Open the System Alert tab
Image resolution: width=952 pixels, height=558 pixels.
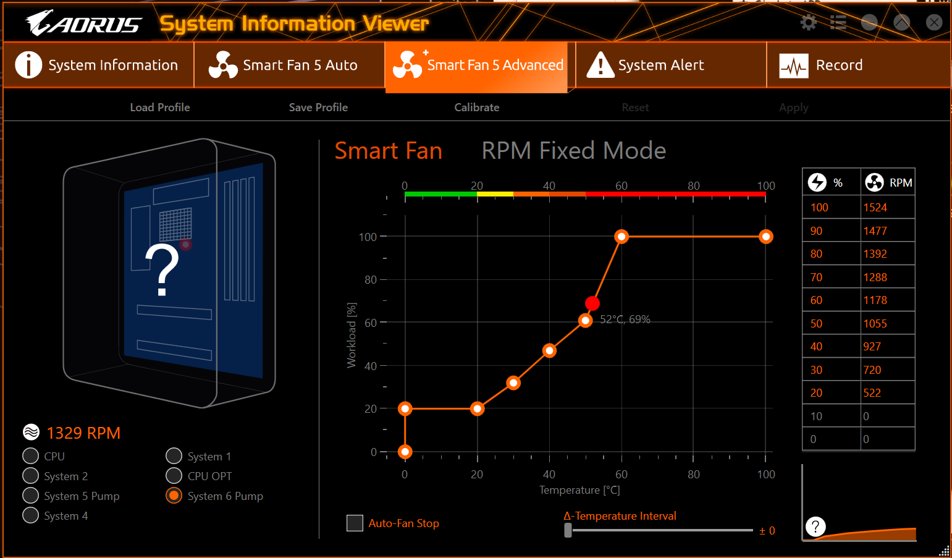click(660, 65)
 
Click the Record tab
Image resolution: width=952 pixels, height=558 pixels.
click(838, 65)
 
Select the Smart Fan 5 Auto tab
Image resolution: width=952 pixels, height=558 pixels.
click(300, 65)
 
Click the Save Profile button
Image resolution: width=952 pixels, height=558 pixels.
click(318, 108)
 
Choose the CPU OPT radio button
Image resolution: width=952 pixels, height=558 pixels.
click(174, 476)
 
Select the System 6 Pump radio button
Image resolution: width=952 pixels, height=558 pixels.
click(174, 496)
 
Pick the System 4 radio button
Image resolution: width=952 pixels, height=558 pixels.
click(30, 515)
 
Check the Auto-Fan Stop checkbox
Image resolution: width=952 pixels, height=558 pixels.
click(355, 523)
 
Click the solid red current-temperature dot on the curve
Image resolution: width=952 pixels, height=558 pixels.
click(592, 303)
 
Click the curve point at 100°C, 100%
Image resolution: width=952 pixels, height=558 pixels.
click(766, 237)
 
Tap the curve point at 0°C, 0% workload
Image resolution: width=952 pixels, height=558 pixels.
click(405, 452)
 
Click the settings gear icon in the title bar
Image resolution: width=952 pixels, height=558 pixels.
click(808, 23)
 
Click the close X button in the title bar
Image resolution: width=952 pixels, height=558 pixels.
click(933, 23)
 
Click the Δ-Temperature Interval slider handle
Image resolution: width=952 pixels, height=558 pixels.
click(568, 530)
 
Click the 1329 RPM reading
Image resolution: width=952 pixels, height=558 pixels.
click(83, 433)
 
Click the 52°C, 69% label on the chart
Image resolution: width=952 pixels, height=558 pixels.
click(625, 319)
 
